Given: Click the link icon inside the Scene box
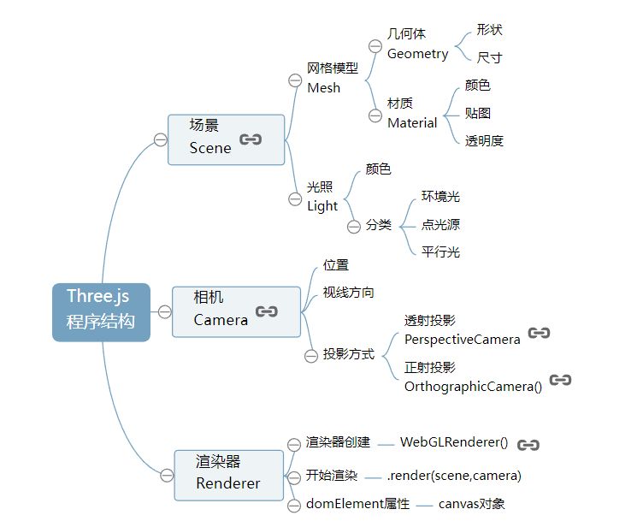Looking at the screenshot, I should tap(251, 139).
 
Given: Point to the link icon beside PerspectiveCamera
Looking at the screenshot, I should tap(539, 333).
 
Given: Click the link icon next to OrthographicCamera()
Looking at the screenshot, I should tap(560, 380).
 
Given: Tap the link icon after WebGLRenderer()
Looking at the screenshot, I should tap(528, 444).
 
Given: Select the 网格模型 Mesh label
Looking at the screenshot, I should tap(332, 78).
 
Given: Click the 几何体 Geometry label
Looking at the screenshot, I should tap(417, 44).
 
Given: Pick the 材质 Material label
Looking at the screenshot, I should tap(412, 113).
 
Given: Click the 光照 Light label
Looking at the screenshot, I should tap(322, 197).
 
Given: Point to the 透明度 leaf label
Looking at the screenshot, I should tap(484, 141).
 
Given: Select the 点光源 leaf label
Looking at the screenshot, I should tap(440, 224).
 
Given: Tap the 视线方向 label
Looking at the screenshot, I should tap(348, 293).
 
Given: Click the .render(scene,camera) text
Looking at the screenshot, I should tap(453, 476).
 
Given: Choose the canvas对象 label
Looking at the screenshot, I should tap(471, 504).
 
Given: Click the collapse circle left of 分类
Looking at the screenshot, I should tap(353, 226).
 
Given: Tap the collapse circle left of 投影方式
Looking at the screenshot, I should tap(310, 355).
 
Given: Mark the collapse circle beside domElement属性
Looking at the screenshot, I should tap(294, 504).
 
